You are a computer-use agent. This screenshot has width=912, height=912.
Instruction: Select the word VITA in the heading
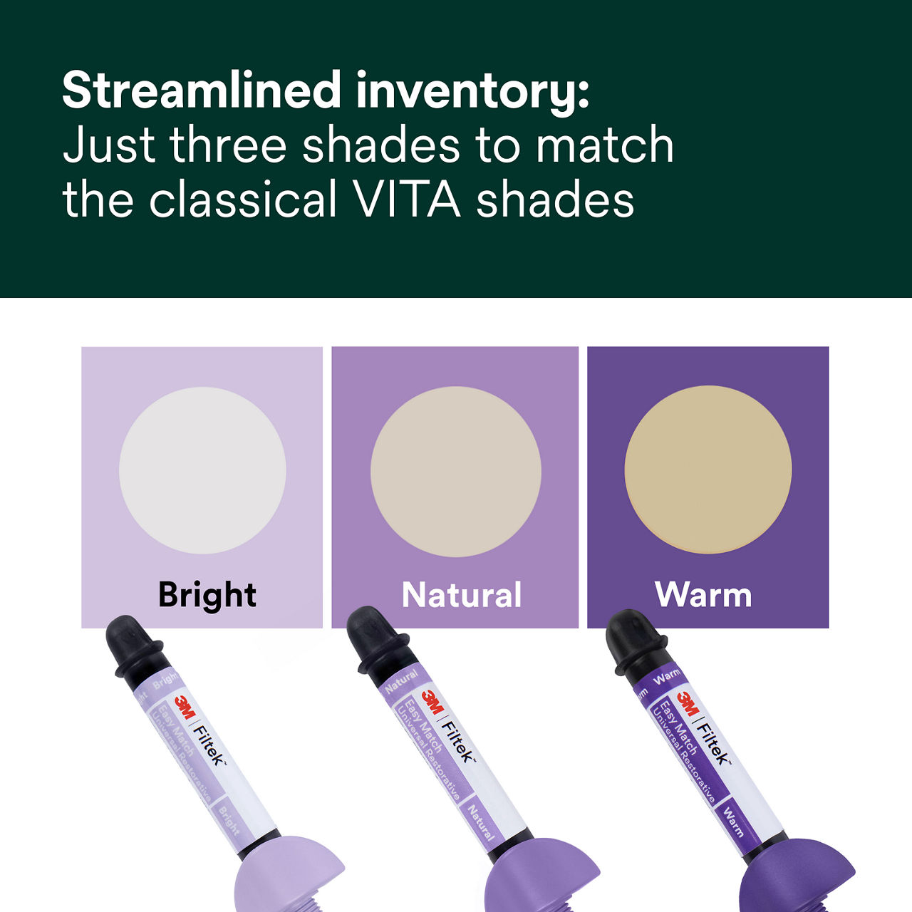407,199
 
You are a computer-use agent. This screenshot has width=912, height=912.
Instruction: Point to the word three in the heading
228,145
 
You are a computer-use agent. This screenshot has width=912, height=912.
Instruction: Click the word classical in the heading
243,199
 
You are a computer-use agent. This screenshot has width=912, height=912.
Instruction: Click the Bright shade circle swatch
202,470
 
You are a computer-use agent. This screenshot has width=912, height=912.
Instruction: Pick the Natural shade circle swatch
455,472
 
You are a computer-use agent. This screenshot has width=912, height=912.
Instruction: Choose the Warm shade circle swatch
708,470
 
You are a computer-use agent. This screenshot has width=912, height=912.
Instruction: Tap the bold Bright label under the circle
207,595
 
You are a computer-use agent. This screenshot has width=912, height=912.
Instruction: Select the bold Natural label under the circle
462,595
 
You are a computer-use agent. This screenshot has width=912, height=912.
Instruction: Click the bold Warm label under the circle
703,595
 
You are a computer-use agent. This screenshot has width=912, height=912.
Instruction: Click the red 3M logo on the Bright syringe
185,708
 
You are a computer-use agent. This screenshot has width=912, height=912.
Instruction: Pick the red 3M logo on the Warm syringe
687,704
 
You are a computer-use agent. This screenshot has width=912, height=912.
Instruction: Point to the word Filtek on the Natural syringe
458,742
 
